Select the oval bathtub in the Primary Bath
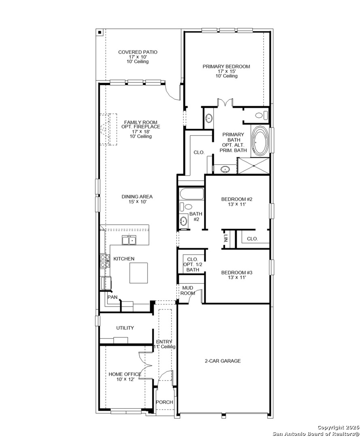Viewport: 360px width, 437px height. click(x=260, y=140)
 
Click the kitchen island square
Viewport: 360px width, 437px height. click(x=138, y=273)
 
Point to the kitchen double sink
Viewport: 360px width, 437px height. click(x=129, y=240)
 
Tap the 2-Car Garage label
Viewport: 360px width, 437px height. click(x=222, y=361)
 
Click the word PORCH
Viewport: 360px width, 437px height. click(x=164, y=402)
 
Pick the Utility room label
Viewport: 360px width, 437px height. click(x=125, y=328)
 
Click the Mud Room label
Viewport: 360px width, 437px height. click(x=188, y=291)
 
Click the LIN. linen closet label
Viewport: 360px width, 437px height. click(x=225, y=238)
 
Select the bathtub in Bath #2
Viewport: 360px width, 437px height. click(x=192, y=194)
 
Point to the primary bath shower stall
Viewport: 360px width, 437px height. click(x=253, y=166)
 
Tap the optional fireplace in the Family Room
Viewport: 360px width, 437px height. click(x=108, y=129)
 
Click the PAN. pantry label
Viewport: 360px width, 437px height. click(x=113, y=297)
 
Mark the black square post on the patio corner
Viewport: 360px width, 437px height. click(x=100, y=32)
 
